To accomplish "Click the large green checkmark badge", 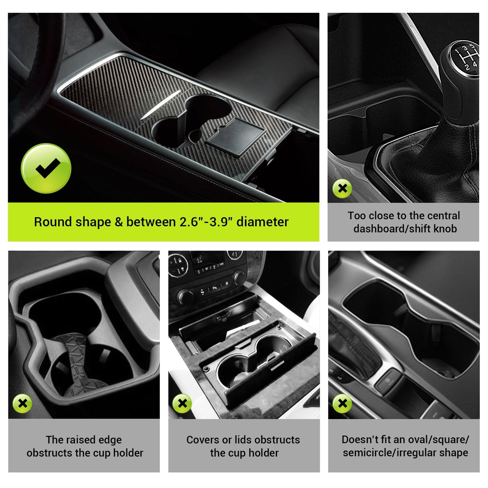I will pos(46,169).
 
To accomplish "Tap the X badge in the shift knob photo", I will pos(342,188).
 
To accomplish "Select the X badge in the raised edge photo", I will pos(22,403).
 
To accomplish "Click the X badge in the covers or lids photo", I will pos(182,403).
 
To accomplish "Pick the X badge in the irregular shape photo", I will pos(342,403).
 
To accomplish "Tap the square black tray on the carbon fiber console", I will pos(236,136).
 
